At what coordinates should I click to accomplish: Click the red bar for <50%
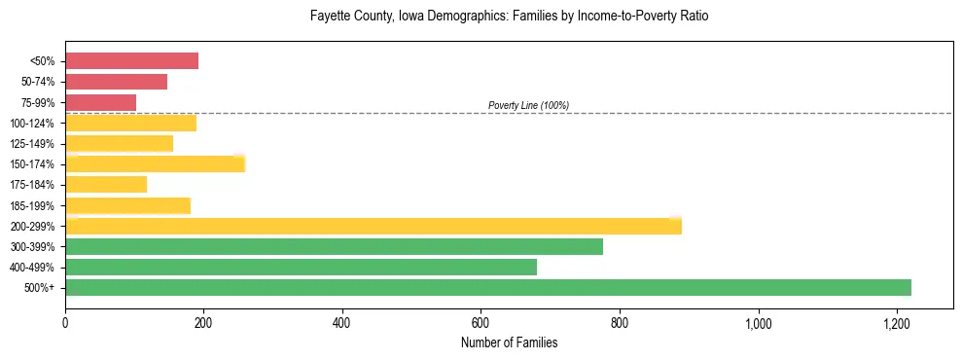point(131,61)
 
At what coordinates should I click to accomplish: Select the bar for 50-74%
point(116,82)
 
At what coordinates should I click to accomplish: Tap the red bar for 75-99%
point(100,102)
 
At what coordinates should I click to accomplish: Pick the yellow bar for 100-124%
point(130,123)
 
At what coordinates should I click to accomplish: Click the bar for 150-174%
point(155,163)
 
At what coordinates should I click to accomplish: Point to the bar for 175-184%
point(106,184)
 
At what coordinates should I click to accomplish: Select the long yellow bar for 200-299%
point(373,226)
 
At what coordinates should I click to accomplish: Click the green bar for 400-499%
point(301,267)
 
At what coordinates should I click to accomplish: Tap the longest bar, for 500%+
point(487,287)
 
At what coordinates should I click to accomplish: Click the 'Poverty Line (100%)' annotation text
point(528,105)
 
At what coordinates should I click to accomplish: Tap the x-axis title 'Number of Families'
point(509,342)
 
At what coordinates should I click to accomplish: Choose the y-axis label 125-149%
point(32,144)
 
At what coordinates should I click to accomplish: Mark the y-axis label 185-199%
point(32,205)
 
